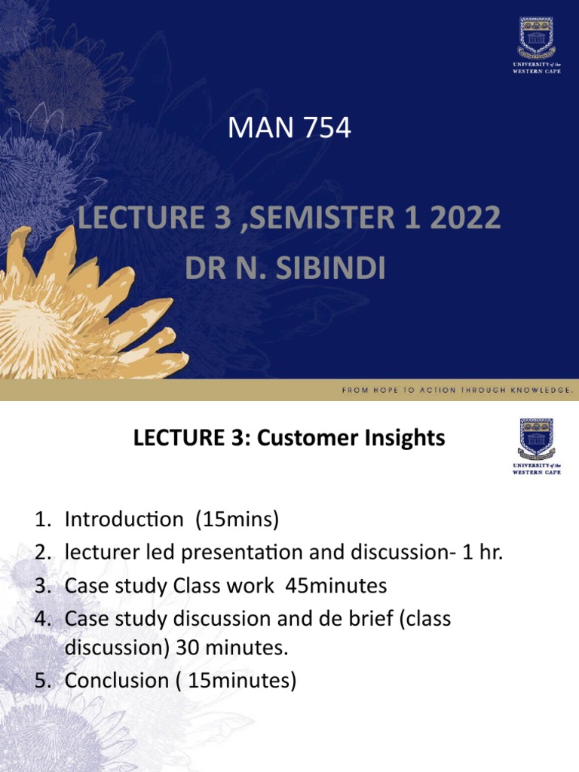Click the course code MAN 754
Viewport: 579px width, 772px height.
(x=289, y=128)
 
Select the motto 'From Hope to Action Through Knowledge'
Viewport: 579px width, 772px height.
(x=458, y=391)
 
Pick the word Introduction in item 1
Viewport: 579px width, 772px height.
(x=124, y=519)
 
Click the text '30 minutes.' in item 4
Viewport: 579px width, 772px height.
(x=229, y=648)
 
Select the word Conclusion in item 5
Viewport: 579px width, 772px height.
(x=116, y=681)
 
